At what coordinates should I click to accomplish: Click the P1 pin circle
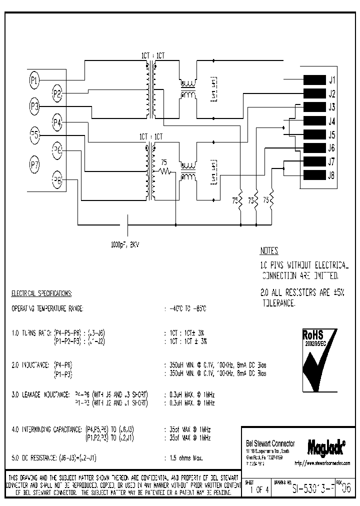tap(34, 79)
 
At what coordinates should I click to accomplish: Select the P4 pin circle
tap(57, 121)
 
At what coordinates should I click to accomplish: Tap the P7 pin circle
tap(34, 164)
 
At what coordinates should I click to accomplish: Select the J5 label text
tap(331, 134)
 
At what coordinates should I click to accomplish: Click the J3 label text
tap(331, 107)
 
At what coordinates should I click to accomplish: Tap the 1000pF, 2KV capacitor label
tap(125, 245)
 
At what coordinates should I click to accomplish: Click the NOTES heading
tap(269, 251)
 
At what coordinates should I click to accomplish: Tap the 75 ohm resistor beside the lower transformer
tap(165, 171)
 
